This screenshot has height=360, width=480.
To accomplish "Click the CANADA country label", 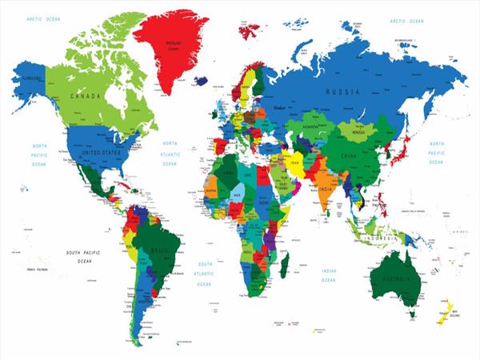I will pyautogui.click(x=86, y=96).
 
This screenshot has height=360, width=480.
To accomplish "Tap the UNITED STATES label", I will pyautogui.click(x=99, y=152).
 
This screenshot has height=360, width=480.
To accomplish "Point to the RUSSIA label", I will pyautogui.click(x=341, y=92).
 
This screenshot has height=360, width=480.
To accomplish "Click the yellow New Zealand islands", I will pyautogui.click(x=447, y=309).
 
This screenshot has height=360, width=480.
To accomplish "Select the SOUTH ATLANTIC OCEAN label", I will pyautogui.click(x=205, y=273).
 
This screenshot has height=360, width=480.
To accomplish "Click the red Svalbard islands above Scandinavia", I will pyautogui.click(x=250, y=32).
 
